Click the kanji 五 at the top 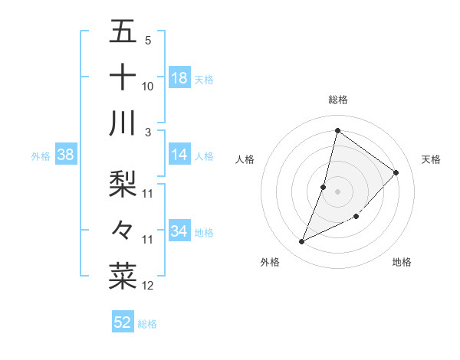point(123,31)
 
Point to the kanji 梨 point(123,182)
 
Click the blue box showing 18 point(179,78)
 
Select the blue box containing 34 point(179,231)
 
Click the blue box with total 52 point(123,322)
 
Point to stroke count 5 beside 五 point(148,40)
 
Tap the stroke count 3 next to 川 point(148,132)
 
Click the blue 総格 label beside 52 point(148,324)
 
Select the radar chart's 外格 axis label point(270,262)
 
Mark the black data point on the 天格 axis point(396,172)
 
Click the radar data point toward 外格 point(302,242)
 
